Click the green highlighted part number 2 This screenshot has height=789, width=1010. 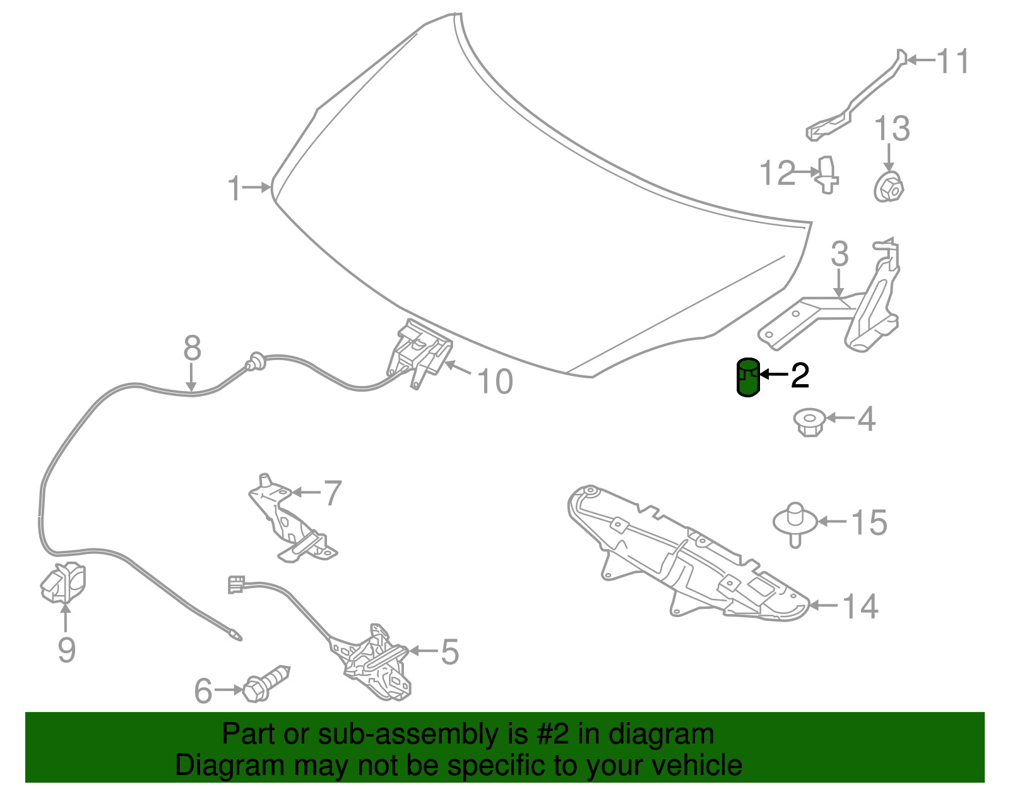pos(748,378)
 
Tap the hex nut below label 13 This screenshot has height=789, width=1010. pos(889,187)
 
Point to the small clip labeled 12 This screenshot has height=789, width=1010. pos(828,175)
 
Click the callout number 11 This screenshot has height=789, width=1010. pos(953,61)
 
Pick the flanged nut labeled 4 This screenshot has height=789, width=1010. pos(809,422)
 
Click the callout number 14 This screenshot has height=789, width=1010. pos(860,606)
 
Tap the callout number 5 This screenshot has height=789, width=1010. pos(449,651)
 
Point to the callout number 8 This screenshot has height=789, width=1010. pos(192,348)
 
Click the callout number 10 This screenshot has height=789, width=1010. pos(496,382)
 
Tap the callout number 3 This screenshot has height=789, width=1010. pos(840,254)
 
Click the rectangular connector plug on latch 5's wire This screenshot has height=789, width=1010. pos(236,584)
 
